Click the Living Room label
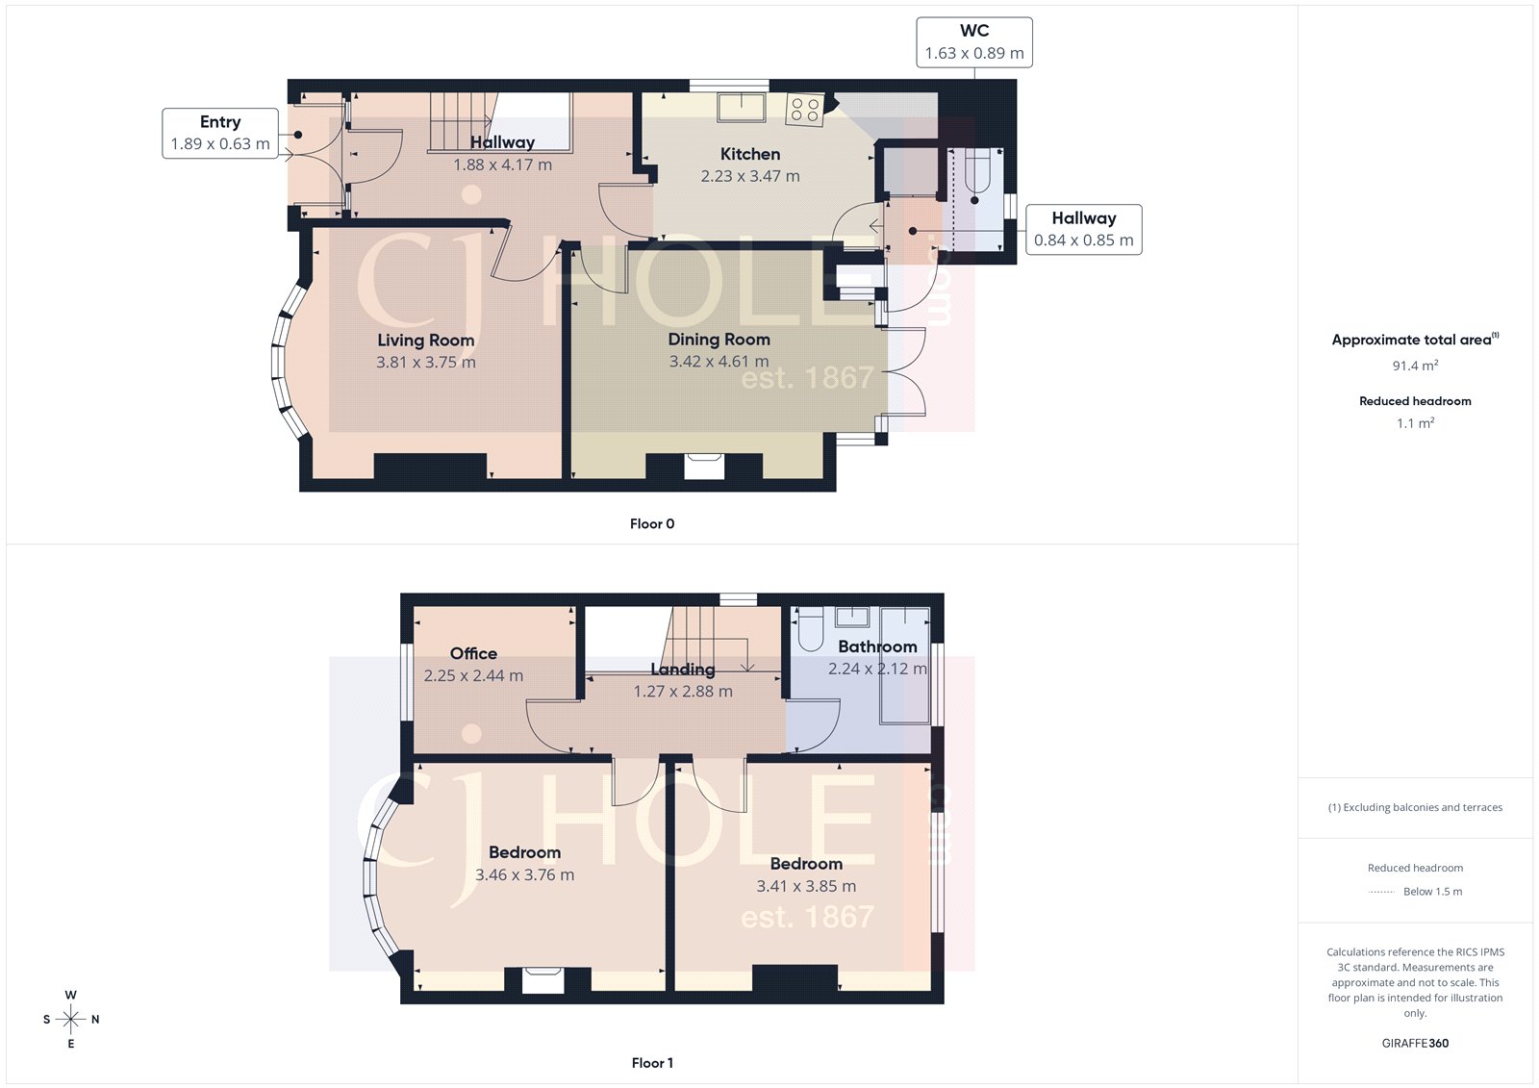[x=425, y=341]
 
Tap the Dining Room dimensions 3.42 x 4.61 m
[x=719, y=362]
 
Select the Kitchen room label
[x=749, y=154]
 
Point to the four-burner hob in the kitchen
[x=805, y=110]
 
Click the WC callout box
[x=973, y=42]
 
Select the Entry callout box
[x=220, y=133]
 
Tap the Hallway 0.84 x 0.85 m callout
[x=1083, y=229]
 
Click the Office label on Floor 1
[x=473, y=653]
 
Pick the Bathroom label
[x=877, y=646]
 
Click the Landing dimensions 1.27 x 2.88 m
[x=682, y=691]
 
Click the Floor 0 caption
[x=652, y=524]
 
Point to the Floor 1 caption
[x=652, y=1063]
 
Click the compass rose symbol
[x=70, y=1019]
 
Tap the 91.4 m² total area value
[x=1415, y=366]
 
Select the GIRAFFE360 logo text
[x=1415, y=1043]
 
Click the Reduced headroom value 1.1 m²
[x=1415, y=423]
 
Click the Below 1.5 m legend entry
[x=1431, y=892]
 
